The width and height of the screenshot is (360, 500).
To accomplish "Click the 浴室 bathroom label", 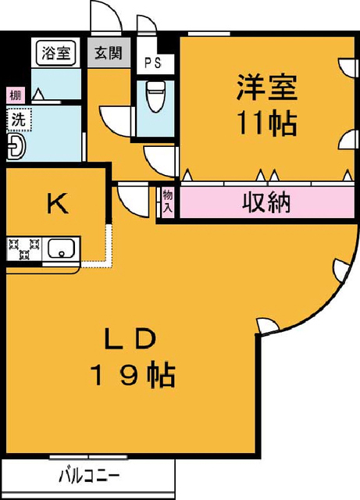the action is click(55, 52).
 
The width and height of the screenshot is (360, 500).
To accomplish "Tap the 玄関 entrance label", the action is click(109, 52).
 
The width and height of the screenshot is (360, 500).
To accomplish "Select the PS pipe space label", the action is click(153, 62).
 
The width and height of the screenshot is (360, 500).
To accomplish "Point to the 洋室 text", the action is click(266, 87).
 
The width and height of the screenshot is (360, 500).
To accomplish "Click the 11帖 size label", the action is click(266, 123).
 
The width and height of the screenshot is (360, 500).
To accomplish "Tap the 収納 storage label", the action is click(266, 202).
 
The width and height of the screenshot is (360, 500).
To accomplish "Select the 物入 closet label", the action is click(168, 202).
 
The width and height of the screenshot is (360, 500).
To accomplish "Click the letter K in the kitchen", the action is click(58, 203).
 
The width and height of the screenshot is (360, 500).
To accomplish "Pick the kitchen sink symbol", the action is click(61, 248).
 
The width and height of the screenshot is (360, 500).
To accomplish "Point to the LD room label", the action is click(130, 339).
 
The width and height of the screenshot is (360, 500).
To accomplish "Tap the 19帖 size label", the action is click(132, 375).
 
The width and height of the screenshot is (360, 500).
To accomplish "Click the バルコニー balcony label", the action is click(89, 477).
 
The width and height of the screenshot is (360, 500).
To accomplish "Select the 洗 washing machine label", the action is click(19, 120).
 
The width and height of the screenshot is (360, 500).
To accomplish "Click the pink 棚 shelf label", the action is click(16, 95).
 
